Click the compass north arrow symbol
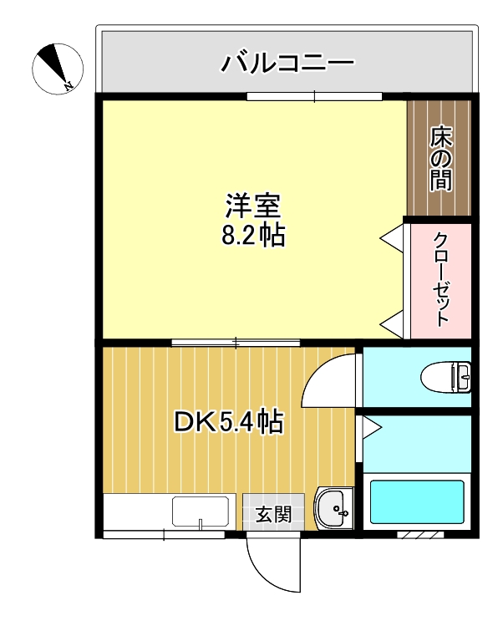(58, 67)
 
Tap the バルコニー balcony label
(288, 63)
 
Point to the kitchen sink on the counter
(201, 511)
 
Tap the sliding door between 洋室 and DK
(236, 342)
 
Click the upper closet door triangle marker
(391, 239)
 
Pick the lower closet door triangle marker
(391, 322)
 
